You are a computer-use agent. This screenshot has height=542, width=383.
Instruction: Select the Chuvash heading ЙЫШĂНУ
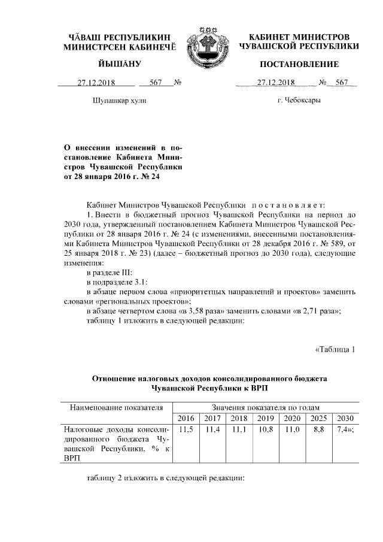pyautogui.click(x=117, y=64)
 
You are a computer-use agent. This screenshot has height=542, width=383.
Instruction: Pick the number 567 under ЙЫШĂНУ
pyautogui.click(x=156, y=83)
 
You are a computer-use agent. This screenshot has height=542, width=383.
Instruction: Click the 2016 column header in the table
pyautogui.click(x=186, y=418)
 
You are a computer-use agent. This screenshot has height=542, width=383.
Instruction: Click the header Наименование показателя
pyautogui.click(x=117, y=407)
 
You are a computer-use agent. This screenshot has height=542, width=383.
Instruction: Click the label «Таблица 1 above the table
pyautogui.click(x=335, y=350)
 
